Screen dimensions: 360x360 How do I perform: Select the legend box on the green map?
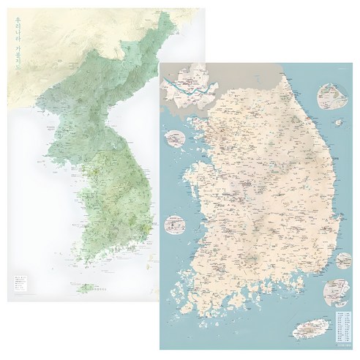[20, 282]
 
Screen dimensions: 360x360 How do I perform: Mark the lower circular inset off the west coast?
[176, 223]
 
